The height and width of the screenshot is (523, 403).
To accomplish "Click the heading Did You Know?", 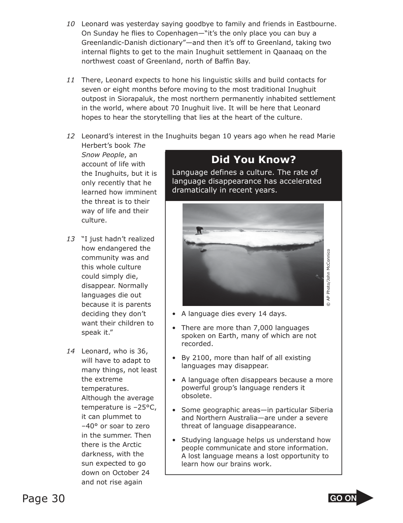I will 253,160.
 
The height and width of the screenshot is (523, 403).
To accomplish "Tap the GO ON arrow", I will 351,498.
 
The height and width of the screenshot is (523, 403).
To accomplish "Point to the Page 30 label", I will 44,499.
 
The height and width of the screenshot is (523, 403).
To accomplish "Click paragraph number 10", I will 70,24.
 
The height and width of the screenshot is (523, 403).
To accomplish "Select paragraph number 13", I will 70,239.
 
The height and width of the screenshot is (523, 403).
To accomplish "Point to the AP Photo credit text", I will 328,278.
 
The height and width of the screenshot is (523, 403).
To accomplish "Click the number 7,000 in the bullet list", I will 244,328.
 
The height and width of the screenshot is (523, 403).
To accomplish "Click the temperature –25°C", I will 144,407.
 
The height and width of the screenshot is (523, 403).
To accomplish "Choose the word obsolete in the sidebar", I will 196,396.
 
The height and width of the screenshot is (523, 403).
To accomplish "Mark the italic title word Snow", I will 90,155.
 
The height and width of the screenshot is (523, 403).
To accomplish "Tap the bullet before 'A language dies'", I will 174,314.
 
